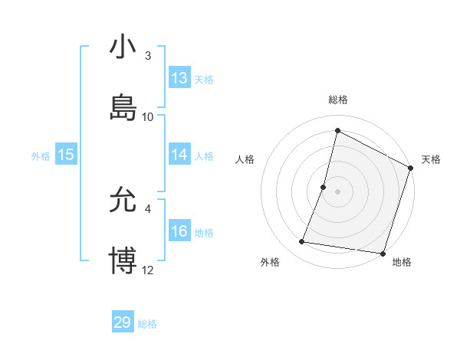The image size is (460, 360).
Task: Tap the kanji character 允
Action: coord(123,201)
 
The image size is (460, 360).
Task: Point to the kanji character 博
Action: coord(123,260)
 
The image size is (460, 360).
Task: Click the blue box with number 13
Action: coord(179,78)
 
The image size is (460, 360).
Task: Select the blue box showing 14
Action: coord(179,155)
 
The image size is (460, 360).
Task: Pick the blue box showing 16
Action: coord(179,231)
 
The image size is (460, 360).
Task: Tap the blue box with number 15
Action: coord(66,155)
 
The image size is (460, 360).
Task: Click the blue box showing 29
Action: coord(123,322)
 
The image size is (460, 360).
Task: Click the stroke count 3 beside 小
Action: coord(148,56)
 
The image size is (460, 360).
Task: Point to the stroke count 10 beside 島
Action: coord(148,116)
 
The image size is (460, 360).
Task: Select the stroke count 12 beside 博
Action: coord(148,270)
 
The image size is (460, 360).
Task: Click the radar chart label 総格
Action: coord(338,100)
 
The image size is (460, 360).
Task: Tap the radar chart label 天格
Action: coord(431,159)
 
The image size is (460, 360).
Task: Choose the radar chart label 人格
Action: coord(245,159)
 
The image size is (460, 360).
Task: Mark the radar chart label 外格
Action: coord(270,263)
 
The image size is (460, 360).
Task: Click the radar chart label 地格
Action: coord(402,263)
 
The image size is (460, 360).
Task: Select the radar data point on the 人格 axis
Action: coord(324,187)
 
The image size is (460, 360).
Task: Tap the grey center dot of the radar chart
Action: coord(338,191)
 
